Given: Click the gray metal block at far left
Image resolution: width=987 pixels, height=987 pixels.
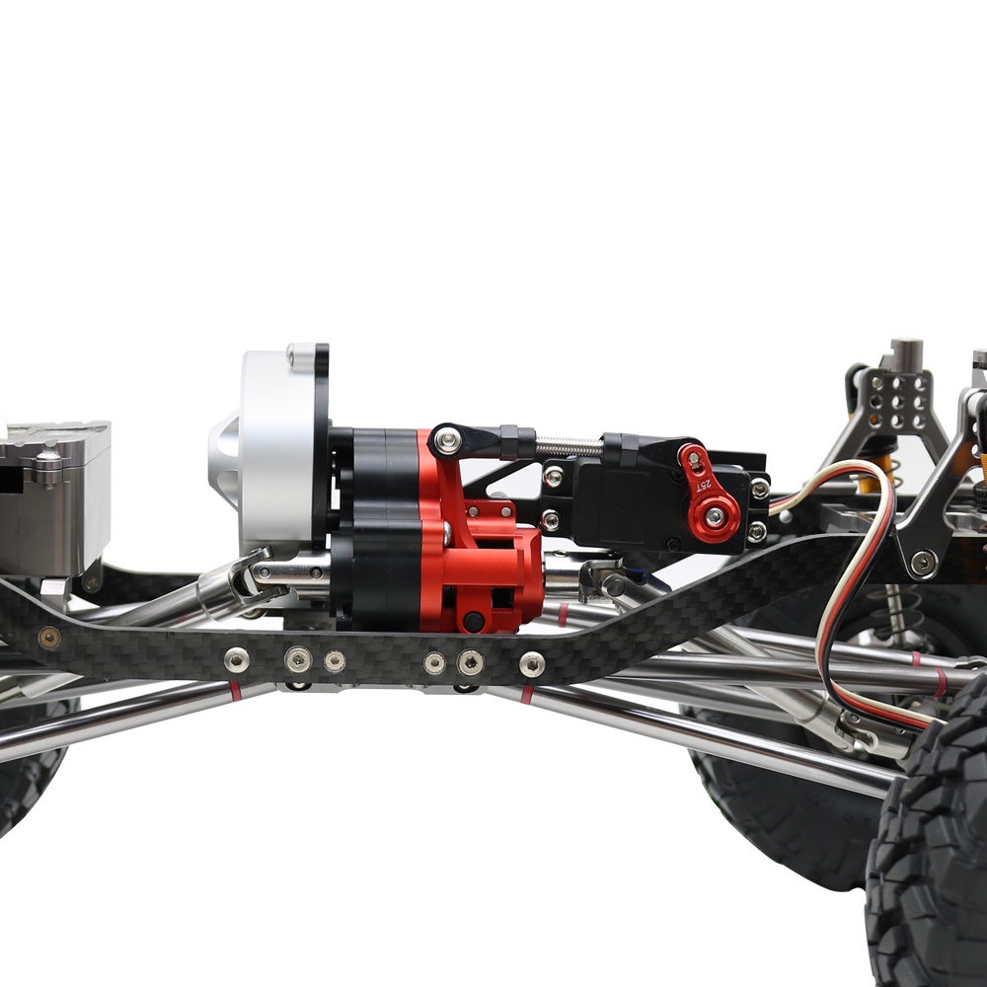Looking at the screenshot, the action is click(53, 497).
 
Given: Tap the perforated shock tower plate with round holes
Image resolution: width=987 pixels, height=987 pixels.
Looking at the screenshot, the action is click(897, 403).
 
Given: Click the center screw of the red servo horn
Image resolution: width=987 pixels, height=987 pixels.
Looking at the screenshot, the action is click(715, 517).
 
